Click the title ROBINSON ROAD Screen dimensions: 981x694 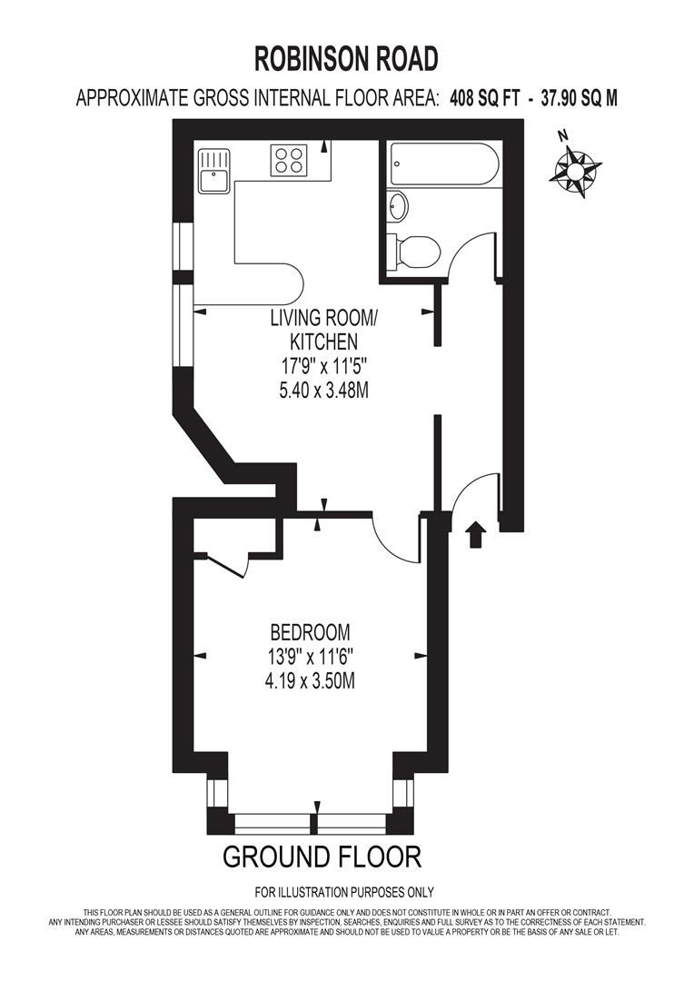[346, 59]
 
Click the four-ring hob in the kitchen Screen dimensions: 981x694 [291, 161]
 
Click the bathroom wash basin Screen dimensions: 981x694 [398, 207]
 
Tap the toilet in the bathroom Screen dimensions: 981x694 [415, 251]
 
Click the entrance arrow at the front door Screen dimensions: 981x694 [473, 535]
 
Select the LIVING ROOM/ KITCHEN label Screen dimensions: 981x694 [322, 330]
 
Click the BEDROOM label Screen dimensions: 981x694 [310, 632]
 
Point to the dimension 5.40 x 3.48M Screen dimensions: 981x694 [323, 391]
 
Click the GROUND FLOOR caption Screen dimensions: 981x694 [322, 856]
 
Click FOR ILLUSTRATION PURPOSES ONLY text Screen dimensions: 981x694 [344, 892]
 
